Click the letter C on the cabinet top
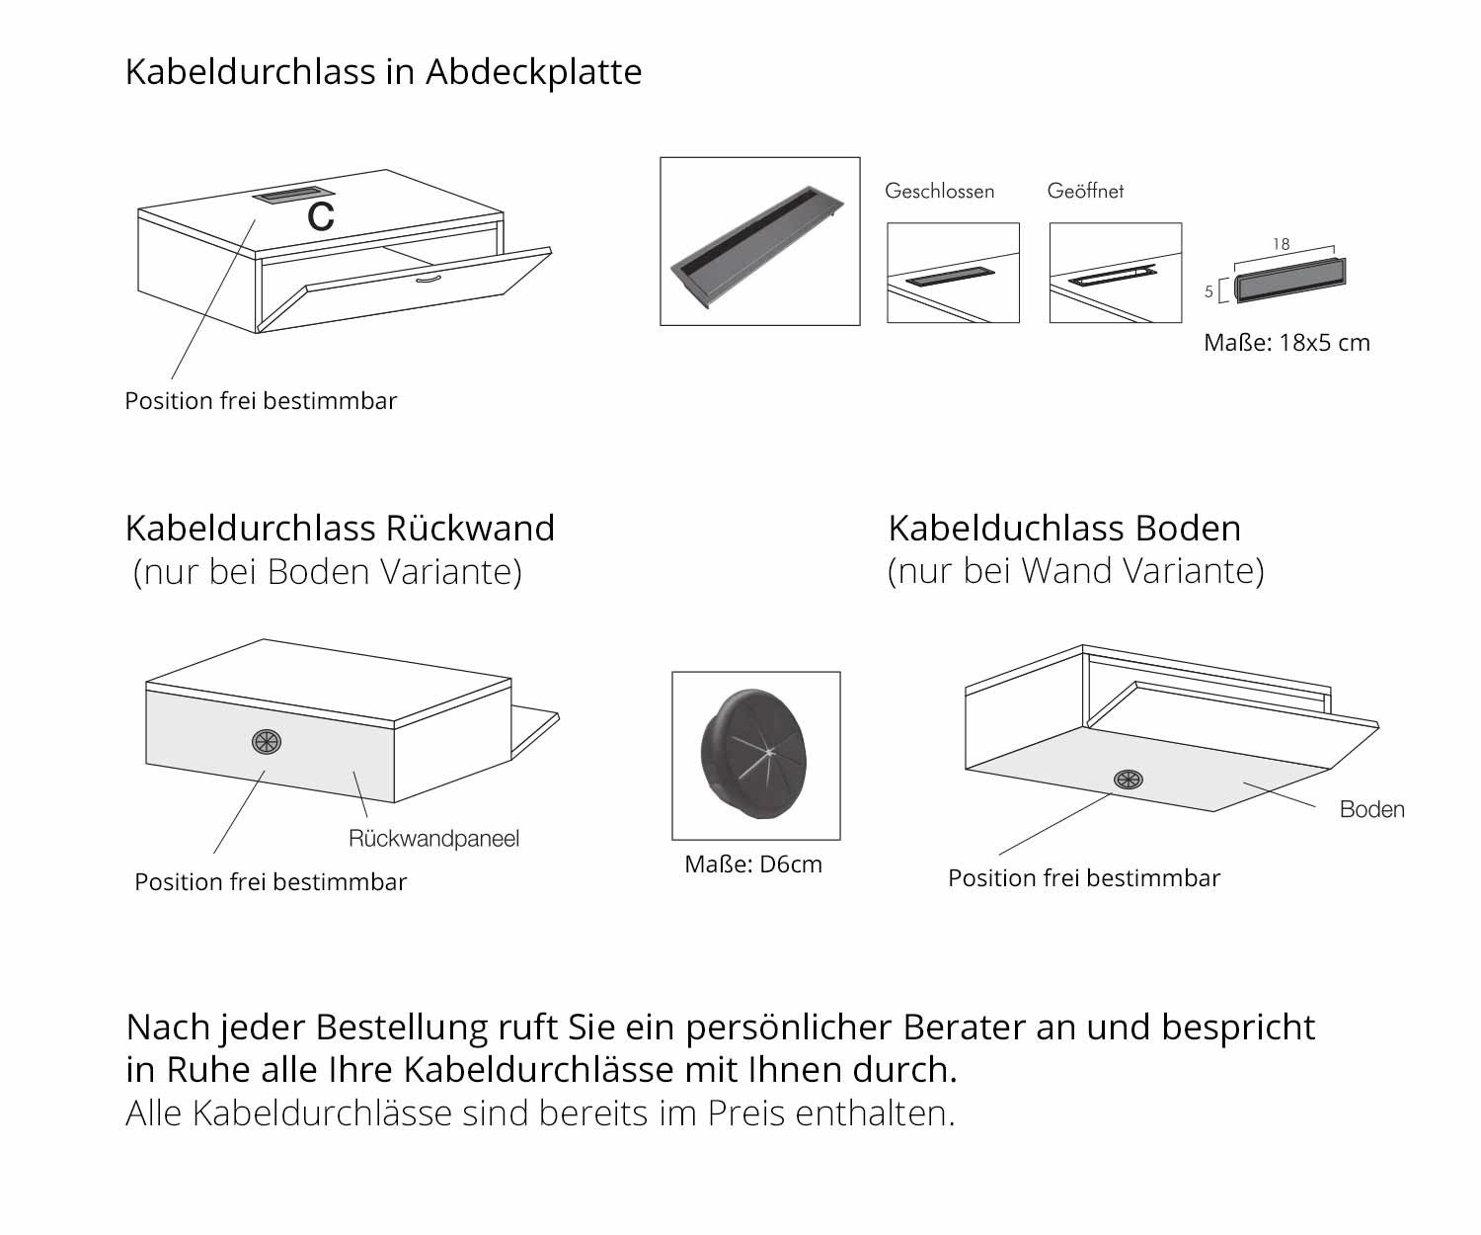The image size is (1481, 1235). coord(321,217)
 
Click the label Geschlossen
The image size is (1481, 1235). coord(939,191)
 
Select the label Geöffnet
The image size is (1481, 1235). coord(1085,191)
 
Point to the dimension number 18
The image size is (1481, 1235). coord(1281,244)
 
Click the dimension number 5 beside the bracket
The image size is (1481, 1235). coord(1209,292)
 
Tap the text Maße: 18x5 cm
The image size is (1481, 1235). coord(1286,343)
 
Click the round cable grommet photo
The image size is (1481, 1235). coord(755,755)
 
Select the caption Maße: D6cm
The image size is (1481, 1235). coord(753,864)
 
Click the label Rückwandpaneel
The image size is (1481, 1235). coord(433,839)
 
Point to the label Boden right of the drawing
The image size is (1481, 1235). coord(1371,810)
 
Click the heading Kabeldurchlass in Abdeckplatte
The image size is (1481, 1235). coord(383,72)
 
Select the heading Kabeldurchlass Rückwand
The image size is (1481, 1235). coord(340,529)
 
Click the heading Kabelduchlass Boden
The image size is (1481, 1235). coord(1064,529)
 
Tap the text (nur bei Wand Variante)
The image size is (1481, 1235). coord(1075,571)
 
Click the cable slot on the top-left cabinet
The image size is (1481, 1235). coord(293,196)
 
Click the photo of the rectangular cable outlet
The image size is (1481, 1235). coord(759,241)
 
